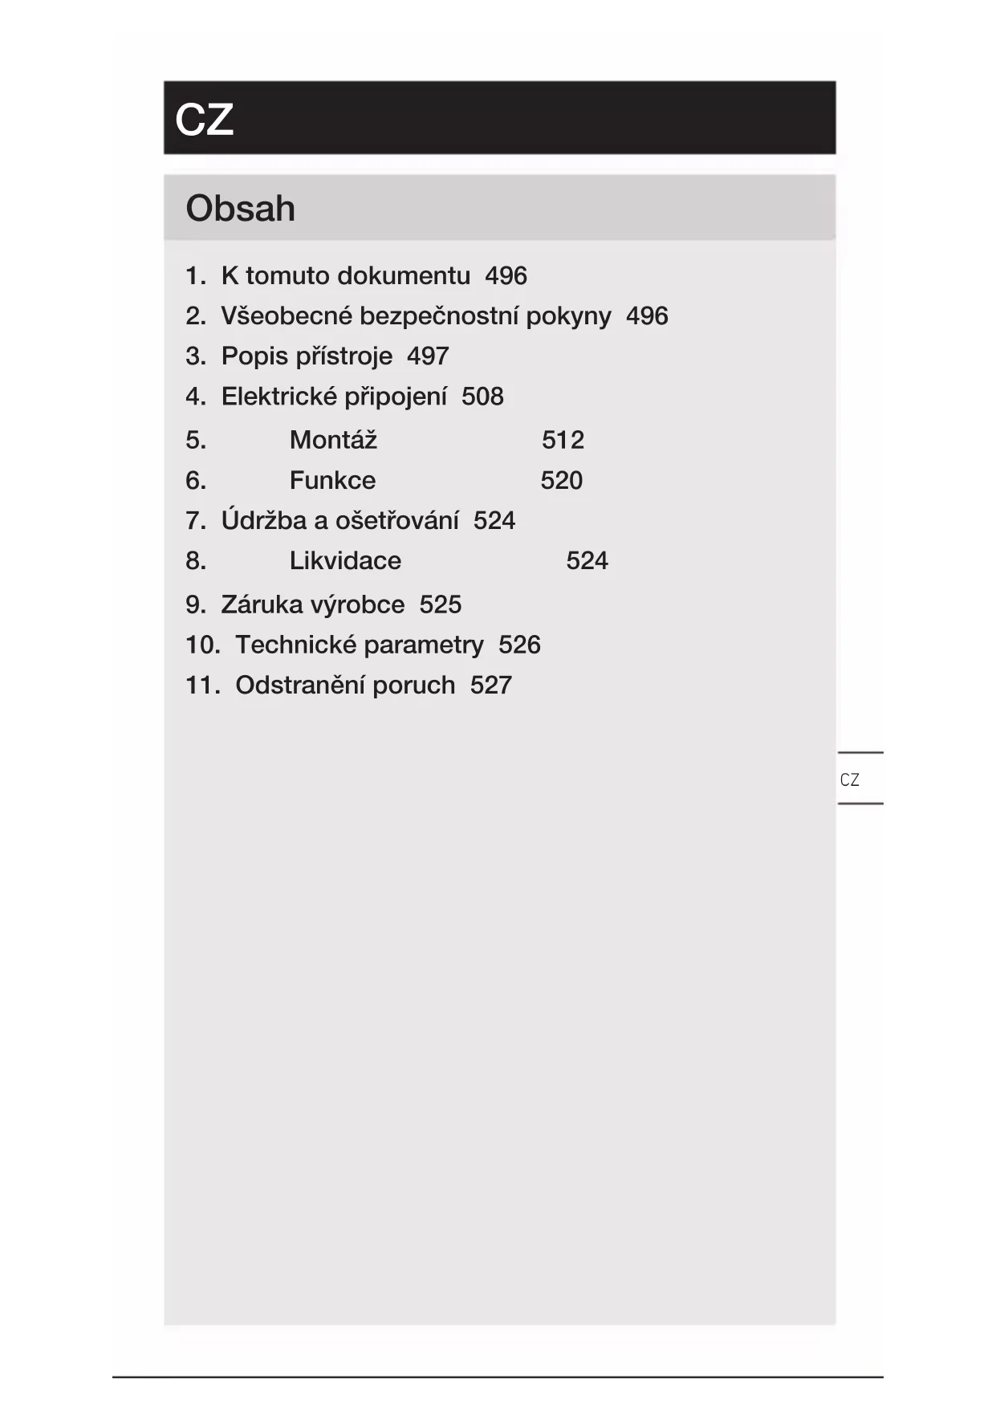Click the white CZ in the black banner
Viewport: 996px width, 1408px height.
pyautogui.click(x=204, y=120)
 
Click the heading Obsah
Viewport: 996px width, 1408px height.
pyautogui.click(x=240, y=209)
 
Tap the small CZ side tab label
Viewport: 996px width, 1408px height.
pyautogui.click(x=849, y=779)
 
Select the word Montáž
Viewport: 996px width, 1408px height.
pyautogui.click(x=333, y=440)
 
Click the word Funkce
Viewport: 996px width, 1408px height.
pyautogui.click(x=332, y=480)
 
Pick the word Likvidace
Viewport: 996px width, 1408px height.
pyautogui.click(x=345, y=560)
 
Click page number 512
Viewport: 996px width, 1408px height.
pyautogui.click(x=563, y=440)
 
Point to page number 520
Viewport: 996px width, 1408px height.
pyautogui.click(x=561, y=480)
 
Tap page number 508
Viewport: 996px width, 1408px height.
pyautogui.click(x=482, y=397)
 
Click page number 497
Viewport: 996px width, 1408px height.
pyautogui.click(x=428, y=356)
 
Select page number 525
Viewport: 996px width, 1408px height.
pyautogui.click(x=440, y=604)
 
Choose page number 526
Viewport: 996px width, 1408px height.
pyautogui.click(x=519, y=645)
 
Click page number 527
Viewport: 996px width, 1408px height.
pyautogui.click(x=490, y=685)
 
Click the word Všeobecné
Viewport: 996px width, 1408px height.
pyautogui.click(x=287, y=316)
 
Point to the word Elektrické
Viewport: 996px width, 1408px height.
pyautogui.click(x=278, y=397)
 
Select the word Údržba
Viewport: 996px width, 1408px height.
pyautogui.click(x=264, y=520)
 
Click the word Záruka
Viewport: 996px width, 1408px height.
pyautogui.click(x=257, y=604)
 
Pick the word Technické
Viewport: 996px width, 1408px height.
pyautogui.click(x=294, y=645)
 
